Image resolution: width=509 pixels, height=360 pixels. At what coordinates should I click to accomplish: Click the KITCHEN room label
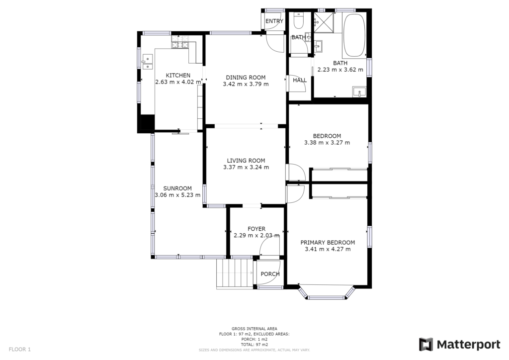tap(178, 75)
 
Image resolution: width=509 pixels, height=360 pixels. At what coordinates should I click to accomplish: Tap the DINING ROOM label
tap(246, 77)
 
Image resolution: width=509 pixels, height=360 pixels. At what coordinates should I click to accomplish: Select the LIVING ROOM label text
tap(246, 161)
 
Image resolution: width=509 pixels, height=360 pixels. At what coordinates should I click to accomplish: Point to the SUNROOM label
tap(177, 188)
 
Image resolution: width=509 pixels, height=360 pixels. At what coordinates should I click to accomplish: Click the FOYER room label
tap(256, 229)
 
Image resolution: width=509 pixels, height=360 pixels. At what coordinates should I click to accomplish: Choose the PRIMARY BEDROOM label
tap(328, 243)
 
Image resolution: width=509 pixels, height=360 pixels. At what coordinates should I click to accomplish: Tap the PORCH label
tap(270, 274)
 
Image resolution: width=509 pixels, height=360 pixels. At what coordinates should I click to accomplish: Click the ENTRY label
tap(274, 21)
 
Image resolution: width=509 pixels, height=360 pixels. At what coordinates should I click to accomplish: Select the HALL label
tap(300, 80)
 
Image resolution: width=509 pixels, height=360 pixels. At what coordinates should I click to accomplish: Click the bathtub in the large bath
tap(354, 35)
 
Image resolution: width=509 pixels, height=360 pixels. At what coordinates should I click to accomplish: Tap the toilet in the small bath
tap(298, 20)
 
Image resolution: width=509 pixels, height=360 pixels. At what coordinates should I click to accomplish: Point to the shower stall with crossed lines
tap(324, 23)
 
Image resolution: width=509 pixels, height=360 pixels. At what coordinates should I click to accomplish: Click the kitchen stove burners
tap(180, 42)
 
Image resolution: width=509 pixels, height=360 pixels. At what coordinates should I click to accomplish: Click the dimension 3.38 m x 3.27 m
tap(327, 143)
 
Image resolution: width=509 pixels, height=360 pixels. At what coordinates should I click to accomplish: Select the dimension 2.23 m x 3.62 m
tap(340, 70)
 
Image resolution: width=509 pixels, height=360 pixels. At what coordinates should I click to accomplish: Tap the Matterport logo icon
tap(426, 345)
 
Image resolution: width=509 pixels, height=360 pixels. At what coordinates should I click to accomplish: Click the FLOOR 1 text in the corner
tap(20, 349)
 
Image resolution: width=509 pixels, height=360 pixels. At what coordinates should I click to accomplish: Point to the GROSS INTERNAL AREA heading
tap(254, 329)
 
